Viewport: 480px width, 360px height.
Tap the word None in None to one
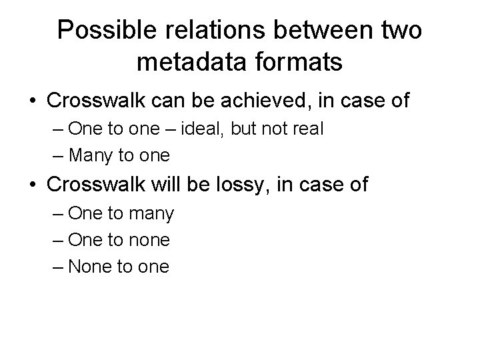[x=93, y=267]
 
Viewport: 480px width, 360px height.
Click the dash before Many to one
[x=58, y=156]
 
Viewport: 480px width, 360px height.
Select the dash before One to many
[x=58, y=213]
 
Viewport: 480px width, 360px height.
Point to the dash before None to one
[x=58, y=267]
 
